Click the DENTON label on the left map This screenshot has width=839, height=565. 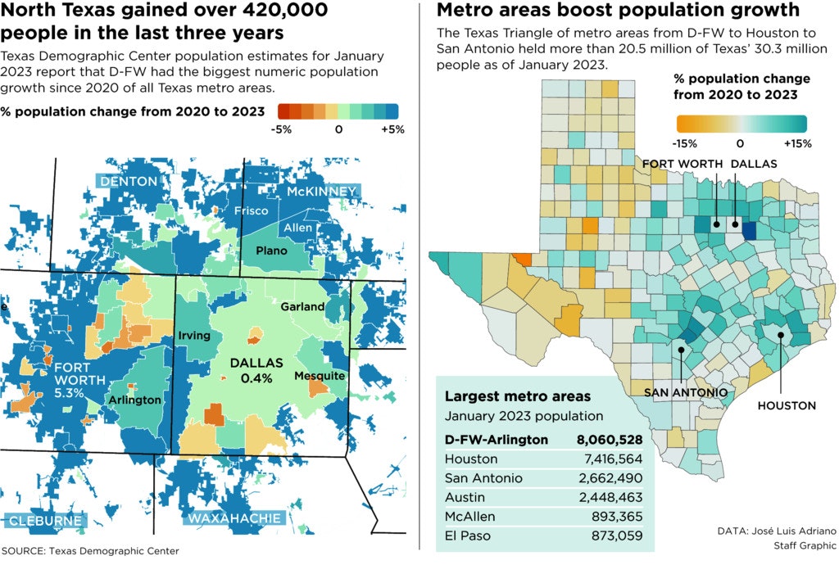point(129,181)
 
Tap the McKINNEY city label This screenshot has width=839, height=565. point(322,192)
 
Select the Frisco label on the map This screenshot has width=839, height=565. point(251,211)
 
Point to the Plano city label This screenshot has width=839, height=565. point(270,250)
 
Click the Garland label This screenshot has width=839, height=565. point(302,306)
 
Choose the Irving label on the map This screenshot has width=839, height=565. point(194,336)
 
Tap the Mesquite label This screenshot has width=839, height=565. point(319,375)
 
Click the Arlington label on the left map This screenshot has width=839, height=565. point(134,400)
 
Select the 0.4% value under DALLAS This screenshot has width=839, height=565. point(256,378)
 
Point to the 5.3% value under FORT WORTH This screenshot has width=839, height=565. point(69,393)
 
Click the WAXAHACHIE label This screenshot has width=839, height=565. point(234,518)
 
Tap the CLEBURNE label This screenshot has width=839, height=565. point(46,521)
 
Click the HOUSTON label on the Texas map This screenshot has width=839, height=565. point(786,405)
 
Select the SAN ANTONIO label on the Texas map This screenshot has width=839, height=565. point(686,392)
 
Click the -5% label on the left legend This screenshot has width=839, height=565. point(283,129)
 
